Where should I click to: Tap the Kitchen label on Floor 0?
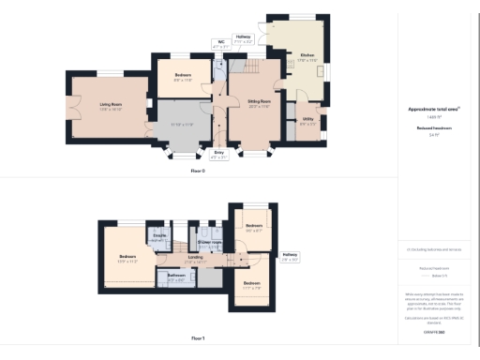click(307, 58)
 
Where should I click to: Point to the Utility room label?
click(307, 120)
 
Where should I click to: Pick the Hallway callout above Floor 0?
click(242, 40)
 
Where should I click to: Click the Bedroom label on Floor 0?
click(183, 77)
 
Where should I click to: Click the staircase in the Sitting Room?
click(255, 71)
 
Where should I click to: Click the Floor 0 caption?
click(197, 171)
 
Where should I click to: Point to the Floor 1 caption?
click(197, 337)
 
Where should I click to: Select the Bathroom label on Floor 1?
click(176, 277)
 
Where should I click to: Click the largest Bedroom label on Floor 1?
click(127, 259)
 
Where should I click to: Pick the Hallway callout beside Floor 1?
click(289, 254)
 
